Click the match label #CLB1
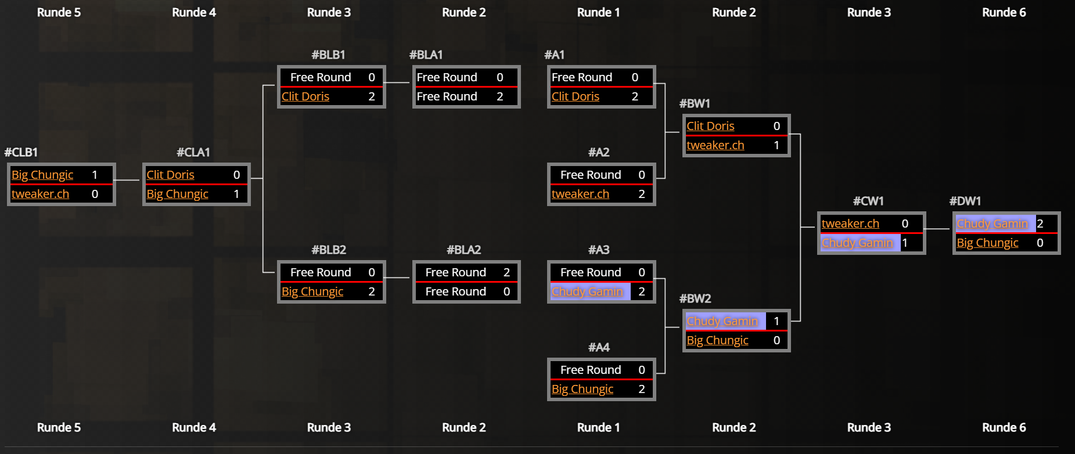21,152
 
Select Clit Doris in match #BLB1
305,96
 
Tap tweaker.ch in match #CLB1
40,194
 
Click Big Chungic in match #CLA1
177,194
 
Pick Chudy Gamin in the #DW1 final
992,224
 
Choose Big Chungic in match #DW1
987,243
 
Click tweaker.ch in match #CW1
850,224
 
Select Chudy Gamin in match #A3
587,291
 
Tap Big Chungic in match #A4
583,389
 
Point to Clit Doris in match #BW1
710,126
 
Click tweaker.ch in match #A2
580,194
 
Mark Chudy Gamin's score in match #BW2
776,321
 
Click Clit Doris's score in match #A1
635,96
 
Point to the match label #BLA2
463,250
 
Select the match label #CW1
868,201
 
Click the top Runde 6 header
1004,12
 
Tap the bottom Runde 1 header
598,427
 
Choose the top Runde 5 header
59,12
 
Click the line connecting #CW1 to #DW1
937,229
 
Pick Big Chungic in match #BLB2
312,291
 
